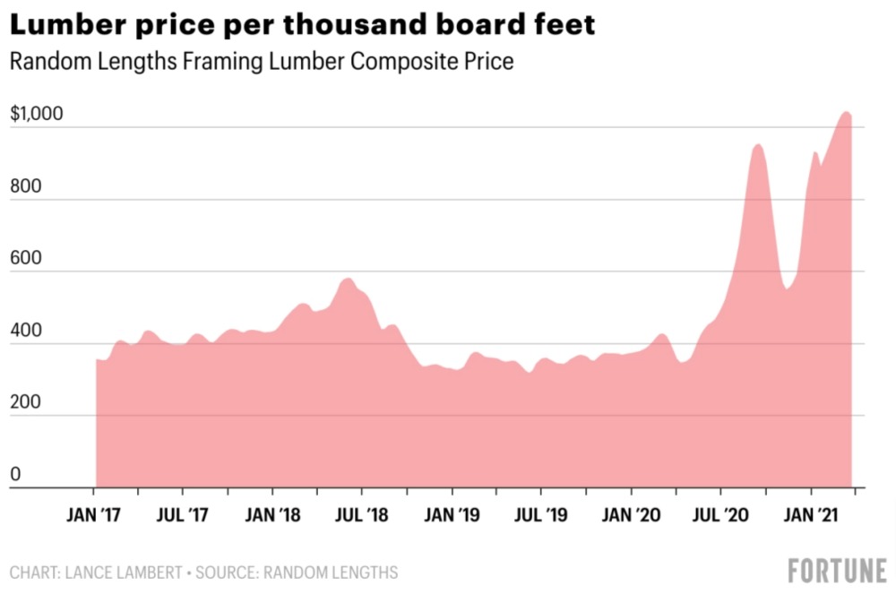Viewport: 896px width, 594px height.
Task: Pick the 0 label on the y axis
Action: pos(14,475)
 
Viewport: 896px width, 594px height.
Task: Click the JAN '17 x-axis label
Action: pos(93,515)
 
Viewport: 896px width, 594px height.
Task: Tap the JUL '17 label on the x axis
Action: pos(183,515)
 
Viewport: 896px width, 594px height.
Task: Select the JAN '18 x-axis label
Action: pos(272,515)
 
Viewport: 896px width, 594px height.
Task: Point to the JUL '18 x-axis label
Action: pos(362,515)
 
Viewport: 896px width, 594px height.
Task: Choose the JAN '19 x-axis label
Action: pos(452,515)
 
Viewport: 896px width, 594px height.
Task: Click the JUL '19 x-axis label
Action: pos(541,515)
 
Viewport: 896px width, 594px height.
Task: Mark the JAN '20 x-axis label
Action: pos(631,515)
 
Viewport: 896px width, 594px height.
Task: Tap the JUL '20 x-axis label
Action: pos(720,515)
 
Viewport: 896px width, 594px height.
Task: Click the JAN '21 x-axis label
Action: pos(811,515)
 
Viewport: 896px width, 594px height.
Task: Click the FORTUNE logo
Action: pos(837,570)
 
